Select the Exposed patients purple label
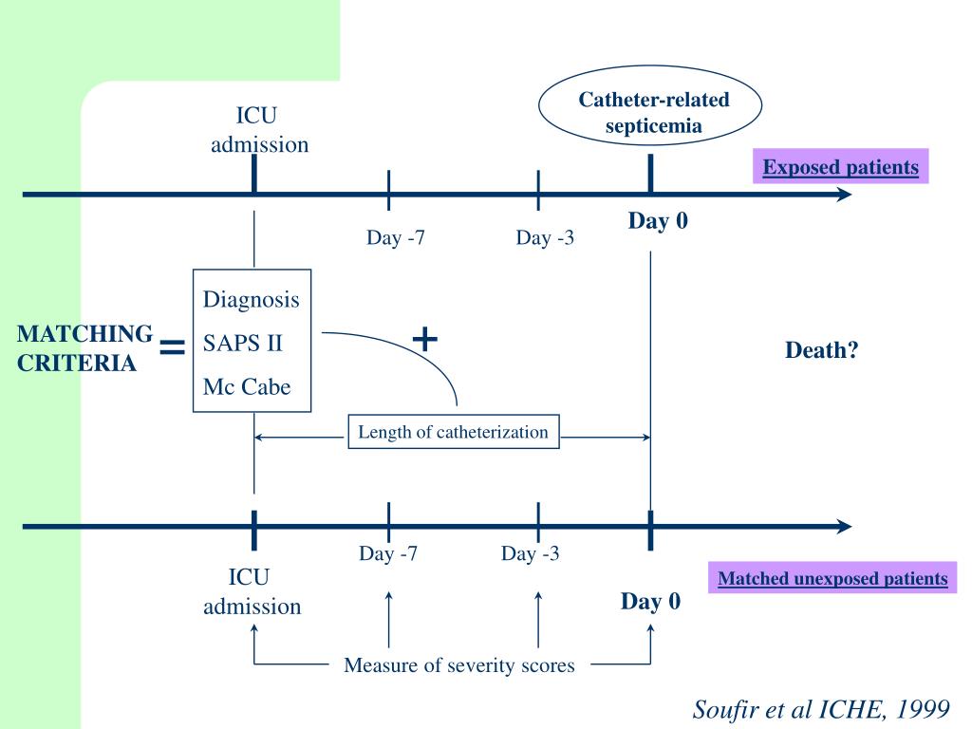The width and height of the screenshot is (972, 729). click(841, 168)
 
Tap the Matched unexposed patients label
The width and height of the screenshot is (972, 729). click(832, 578)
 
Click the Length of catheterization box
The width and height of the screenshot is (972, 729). click(453, 432)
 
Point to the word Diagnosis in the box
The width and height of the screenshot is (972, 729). click(251, 300)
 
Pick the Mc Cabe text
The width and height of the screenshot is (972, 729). click(247, 387)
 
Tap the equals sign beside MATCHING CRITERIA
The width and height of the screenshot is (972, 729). click(173, 348)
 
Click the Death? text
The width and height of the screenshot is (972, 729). click(822, 350)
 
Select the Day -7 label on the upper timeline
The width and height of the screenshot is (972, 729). click(396, 237)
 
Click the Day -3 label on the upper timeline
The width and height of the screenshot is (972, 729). click(545, 237)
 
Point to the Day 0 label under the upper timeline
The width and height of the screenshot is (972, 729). click(658, 221)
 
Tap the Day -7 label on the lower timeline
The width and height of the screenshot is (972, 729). click(388, 553)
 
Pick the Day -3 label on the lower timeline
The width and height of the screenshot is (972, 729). click(531, 553)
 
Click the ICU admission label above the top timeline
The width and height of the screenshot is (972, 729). click(259, 130)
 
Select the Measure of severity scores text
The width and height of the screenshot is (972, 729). click(459, 665)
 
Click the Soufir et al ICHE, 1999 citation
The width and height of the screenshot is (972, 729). click(820, 710)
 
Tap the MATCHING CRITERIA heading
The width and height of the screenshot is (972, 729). click(85, 347)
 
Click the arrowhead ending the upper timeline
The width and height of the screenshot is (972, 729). click(844, 195)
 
